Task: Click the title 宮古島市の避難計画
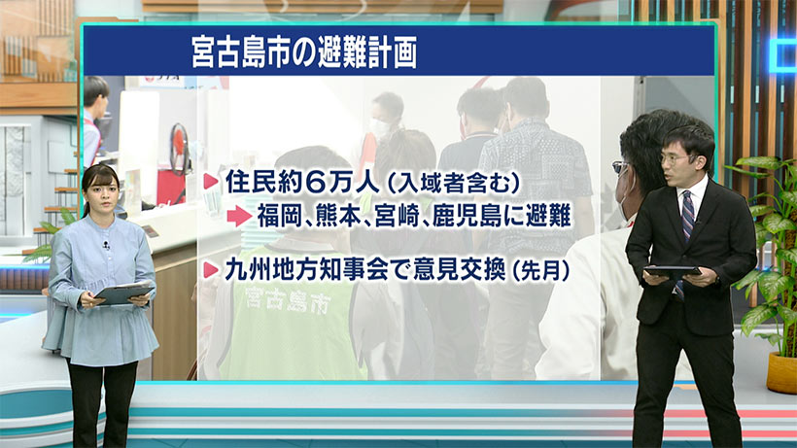tap(304, 52)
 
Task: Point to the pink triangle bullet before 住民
tap(211, 183)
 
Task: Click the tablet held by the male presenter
tap(672, 271)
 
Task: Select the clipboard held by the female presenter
tap(123, 292)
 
